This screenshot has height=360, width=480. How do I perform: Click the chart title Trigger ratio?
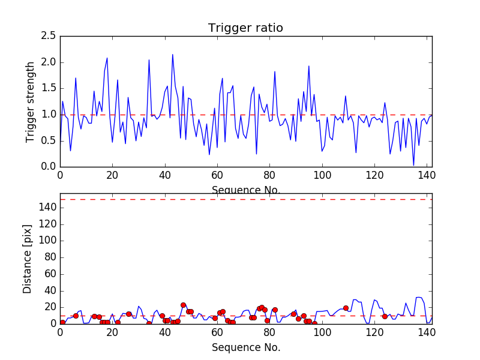245,28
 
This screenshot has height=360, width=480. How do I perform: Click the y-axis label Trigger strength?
31,101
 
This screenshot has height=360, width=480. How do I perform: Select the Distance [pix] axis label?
28,258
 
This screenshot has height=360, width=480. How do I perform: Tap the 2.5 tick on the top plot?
49,36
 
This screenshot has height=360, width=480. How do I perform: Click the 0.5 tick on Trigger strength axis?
49,140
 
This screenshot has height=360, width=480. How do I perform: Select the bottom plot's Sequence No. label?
246,347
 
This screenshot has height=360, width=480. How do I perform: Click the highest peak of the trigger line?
173,55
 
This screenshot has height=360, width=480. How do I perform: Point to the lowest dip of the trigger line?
413,165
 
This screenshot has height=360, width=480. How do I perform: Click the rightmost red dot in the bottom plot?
385,316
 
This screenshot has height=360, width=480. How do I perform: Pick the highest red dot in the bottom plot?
183,305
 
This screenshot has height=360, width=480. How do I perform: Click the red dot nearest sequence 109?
346,308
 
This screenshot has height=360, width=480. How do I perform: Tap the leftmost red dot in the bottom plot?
62,322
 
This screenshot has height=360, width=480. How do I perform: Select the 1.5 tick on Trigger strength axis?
49,88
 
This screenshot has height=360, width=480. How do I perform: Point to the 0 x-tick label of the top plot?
60,176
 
